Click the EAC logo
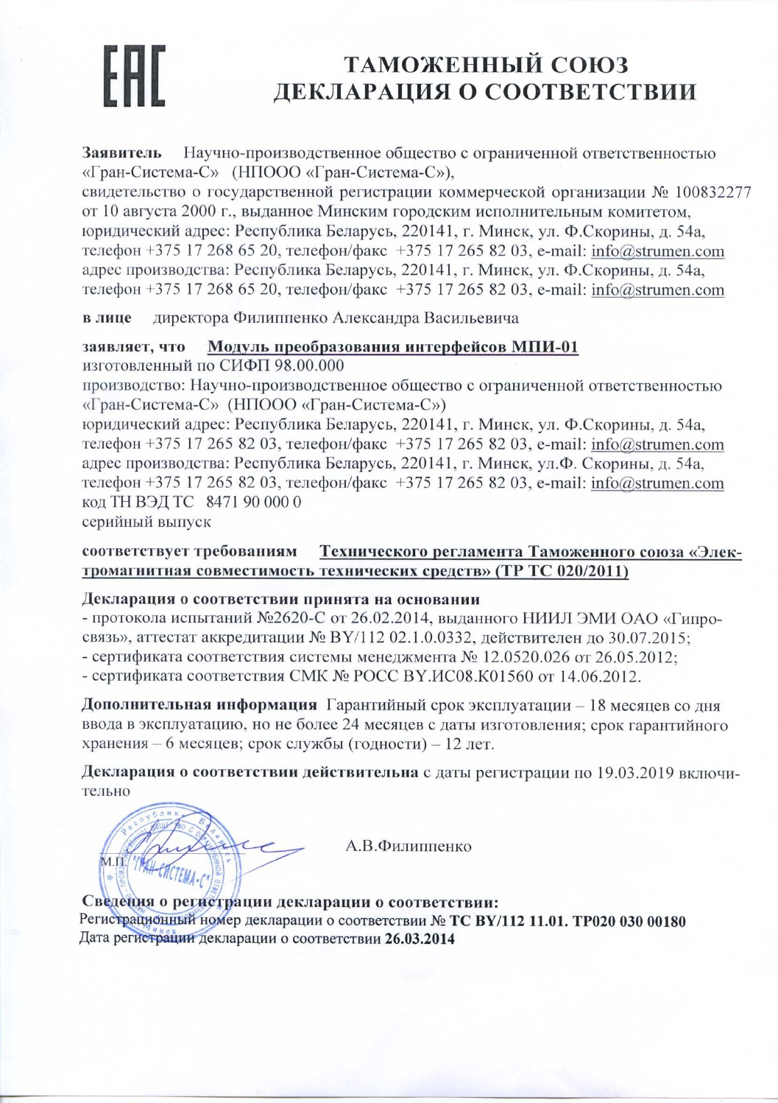click(134, 76)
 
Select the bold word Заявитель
click(121, 154)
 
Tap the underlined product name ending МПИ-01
click(393, 347)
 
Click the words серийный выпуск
click(146, 522)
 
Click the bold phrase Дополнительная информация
click(199, 705)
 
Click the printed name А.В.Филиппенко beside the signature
click(409, 846)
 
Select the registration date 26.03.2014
click(420, 939)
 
